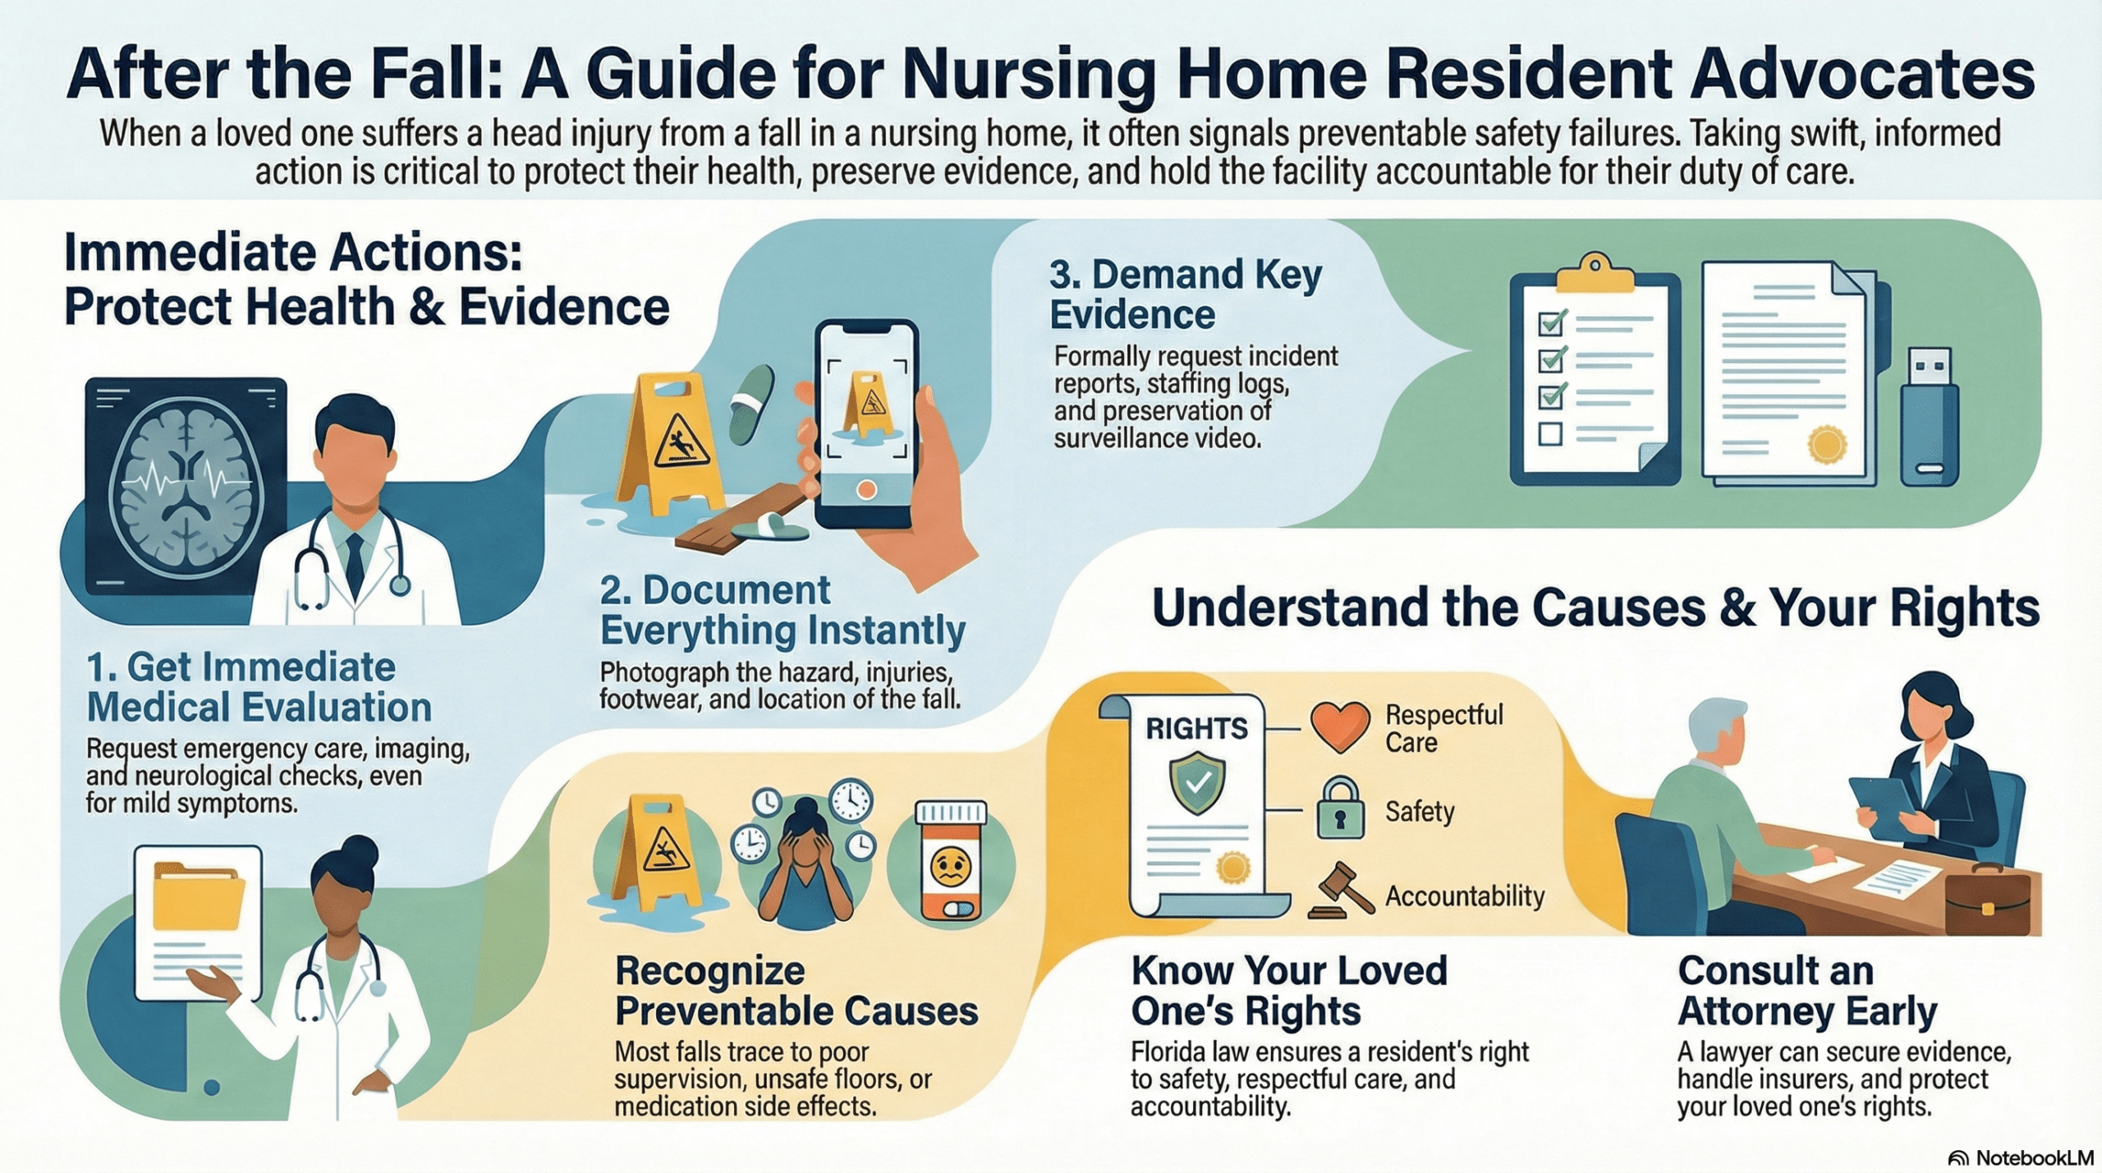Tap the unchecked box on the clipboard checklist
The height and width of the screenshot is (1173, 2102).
click(x=1549, y=433)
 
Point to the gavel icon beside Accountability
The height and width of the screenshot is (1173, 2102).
click(x=1345, y=890)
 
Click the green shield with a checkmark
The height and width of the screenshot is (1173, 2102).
click(x=1198, y=784)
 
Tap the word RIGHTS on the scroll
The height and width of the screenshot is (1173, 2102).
click(x=1196, y=728)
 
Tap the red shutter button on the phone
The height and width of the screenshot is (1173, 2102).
click(x=865, y=490)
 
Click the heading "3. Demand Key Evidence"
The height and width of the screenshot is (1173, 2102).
click(x=1186, y=294)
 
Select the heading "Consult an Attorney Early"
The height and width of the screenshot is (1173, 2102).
click(x=1806, y=991)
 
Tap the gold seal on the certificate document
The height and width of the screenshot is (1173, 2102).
click(x=1827, y=444)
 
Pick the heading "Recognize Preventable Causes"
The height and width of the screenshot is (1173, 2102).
click(x=796, y=991)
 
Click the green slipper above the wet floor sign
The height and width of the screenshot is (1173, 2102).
click(x=751, y=404)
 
